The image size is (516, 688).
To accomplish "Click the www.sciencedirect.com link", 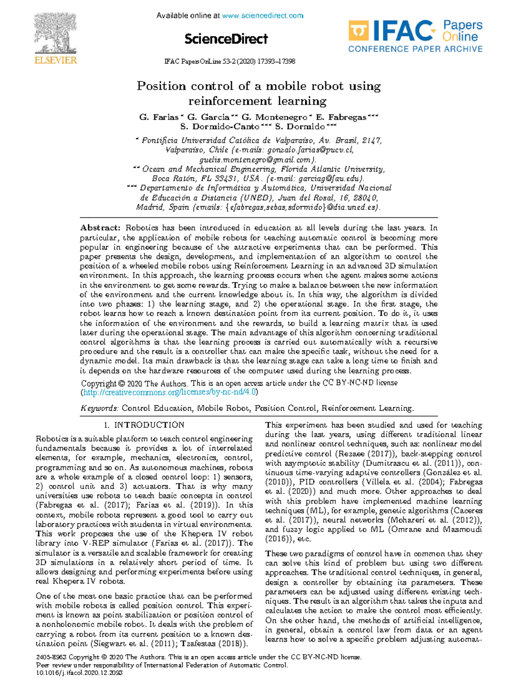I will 262,16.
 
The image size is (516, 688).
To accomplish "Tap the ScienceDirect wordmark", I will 226,39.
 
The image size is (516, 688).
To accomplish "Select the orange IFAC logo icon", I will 358,31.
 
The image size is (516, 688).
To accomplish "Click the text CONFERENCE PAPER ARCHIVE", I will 415,49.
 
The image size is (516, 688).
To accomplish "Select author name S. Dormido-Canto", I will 219,126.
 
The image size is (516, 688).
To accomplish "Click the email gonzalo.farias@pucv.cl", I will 310,150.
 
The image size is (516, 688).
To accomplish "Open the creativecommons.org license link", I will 169,392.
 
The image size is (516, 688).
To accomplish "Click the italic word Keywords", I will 99,408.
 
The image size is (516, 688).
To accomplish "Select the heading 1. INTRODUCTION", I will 144,425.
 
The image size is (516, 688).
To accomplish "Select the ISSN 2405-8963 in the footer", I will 51,657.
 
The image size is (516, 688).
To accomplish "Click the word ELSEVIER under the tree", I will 55,60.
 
